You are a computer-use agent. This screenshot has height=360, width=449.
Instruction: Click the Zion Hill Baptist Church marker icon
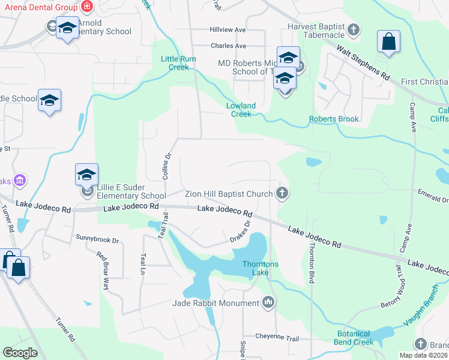(x=283, y=193)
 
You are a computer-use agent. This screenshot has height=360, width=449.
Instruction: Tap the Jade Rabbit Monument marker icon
(x=268, y=303)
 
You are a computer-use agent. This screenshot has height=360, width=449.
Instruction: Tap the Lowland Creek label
(x=241, y=110)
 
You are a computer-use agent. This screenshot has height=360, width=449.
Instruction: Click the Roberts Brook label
(x=334, y=119)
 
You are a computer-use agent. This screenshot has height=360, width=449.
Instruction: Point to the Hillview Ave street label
(x=228, y=29)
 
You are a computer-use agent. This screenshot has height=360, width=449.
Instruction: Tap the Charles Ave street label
(x=228, y=46)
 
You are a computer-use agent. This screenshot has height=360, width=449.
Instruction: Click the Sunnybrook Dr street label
(x=97, y=238)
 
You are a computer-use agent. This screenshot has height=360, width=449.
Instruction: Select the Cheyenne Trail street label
(x=277, y=338)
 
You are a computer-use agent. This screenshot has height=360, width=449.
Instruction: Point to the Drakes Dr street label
(x=240, y=232)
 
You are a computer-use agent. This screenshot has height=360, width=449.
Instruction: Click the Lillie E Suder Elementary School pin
(x=86, y=176)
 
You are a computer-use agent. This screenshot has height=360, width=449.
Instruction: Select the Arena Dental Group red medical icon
(x=87, y=7)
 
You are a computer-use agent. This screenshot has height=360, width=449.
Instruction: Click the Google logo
(x=20, y=353)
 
